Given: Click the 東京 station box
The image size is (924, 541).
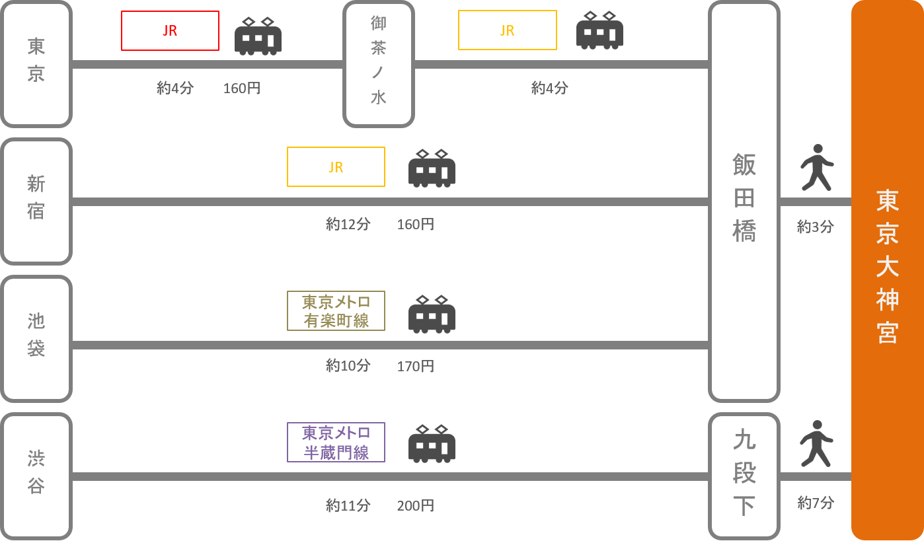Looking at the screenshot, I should tap(36, 64).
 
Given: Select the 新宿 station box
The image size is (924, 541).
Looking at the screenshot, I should tap(36, 201).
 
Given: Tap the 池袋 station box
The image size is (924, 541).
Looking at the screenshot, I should tap(36, 339).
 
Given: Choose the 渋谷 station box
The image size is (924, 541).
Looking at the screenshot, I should tap(36, 476).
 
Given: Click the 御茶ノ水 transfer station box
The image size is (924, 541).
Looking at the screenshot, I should tap(378, 64).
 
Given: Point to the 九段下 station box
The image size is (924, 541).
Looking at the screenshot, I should tap(744, 476).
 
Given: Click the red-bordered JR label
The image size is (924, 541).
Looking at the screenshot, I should tap(170, 30).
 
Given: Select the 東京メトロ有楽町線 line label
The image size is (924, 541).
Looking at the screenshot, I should tap(336, 311).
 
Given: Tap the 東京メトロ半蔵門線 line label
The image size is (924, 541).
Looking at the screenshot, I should tap(336, 443).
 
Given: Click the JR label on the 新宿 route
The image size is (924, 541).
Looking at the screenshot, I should tap(336, 167).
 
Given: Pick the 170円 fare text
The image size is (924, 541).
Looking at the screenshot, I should tap(415, 366).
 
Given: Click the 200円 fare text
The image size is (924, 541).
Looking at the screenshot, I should tap(415, 506).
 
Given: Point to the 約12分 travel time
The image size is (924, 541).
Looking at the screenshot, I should tap(348, 225).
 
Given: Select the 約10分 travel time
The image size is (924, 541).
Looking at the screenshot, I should tap(348, 366).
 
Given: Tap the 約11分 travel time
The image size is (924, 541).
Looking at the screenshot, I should tap(348, 506).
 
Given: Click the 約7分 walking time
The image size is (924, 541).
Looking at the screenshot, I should tap(816, 503).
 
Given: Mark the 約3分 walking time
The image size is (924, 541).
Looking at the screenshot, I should tap(816, 227).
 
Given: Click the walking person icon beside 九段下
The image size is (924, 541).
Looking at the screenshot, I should tap(816, 443).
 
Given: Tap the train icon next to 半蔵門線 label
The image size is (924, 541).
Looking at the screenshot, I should tap(432, 443).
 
